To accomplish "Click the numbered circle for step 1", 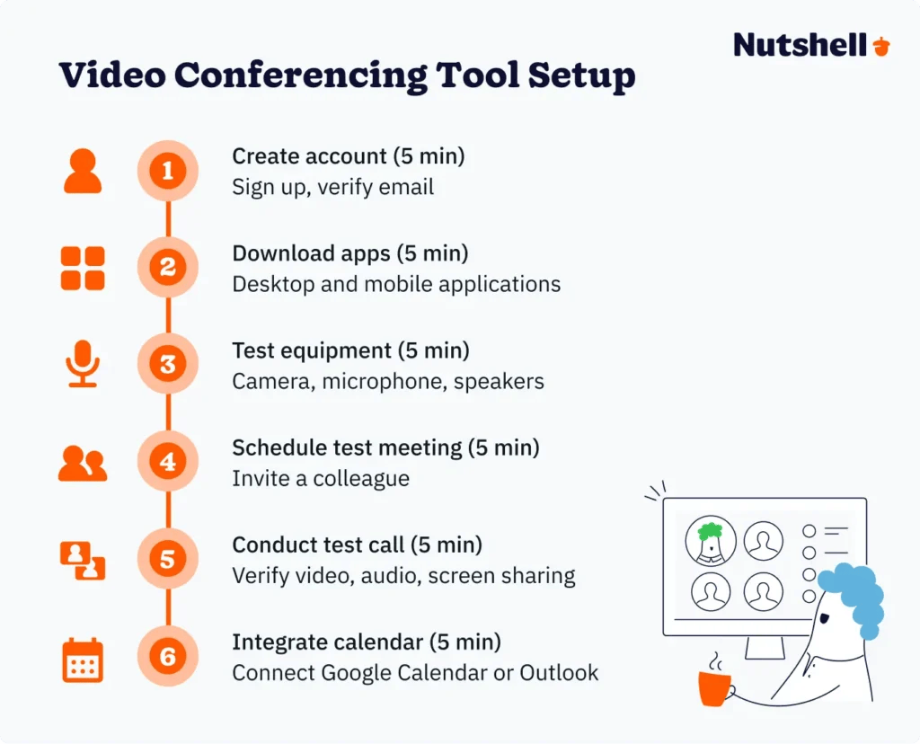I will pyautogui.click(x=168, y=171).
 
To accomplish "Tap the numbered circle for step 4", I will pyautogui.click(x=168, y=463).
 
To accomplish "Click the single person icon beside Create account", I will pyautogui.click(x=83, y=171).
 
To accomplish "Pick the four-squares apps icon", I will pyautogui.click(x=83, y=268).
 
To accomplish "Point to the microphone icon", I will pyautogui.click(x=83, y=365).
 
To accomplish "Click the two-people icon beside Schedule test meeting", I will pyautogui.click(x=83, y=464).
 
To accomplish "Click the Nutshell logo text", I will pyautogui.click(x=801, y=45).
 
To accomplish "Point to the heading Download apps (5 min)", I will pyautogui.click(x=350, y=253).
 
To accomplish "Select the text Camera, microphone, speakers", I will pyautogui.click(x=388, y=381).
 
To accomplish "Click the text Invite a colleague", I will pyautogui.click(x=321, y=478).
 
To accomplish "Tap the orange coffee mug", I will pyautogui.click(x=715, y=688).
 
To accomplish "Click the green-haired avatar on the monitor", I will pyautogui.click(x=711, y=540).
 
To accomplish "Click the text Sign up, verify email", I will pyautogui.click(x=332, y=187).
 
